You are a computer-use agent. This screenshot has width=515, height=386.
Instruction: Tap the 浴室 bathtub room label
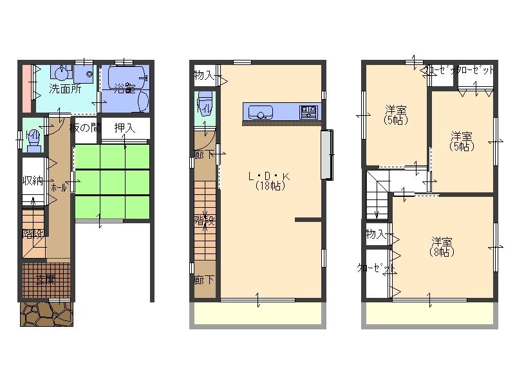pyautogui.click(x=125, y=89)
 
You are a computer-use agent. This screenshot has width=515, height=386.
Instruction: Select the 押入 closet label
pyautogui.click(x=124, y=127)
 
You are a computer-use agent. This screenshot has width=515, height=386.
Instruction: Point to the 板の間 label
pyautogui.click(x=86, y=127)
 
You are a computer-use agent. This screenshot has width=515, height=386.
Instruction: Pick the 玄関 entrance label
pyautogui.click(x=45, y=280)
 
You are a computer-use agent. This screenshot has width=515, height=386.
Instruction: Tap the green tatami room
pyautogui.click(x=113, y=183)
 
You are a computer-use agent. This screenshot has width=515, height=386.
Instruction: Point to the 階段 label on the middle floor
pyautogui.click(x=205, y=219)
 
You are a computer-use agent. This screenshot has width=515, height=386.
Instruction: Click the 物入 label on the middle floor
pyautogui.click(x=204, y=76)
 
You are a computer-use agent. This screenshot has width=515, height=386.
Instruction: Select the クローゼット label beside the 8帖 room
pyautogui.click(x=377, y=268)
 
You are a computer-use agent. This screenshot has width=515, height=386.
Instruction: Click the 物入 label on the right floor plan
pyautogui.click(x=375, y=234)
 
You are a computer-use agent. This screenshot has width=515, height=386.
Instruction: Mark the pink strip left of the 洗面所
pyautogui.click(x=26, y=87)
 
